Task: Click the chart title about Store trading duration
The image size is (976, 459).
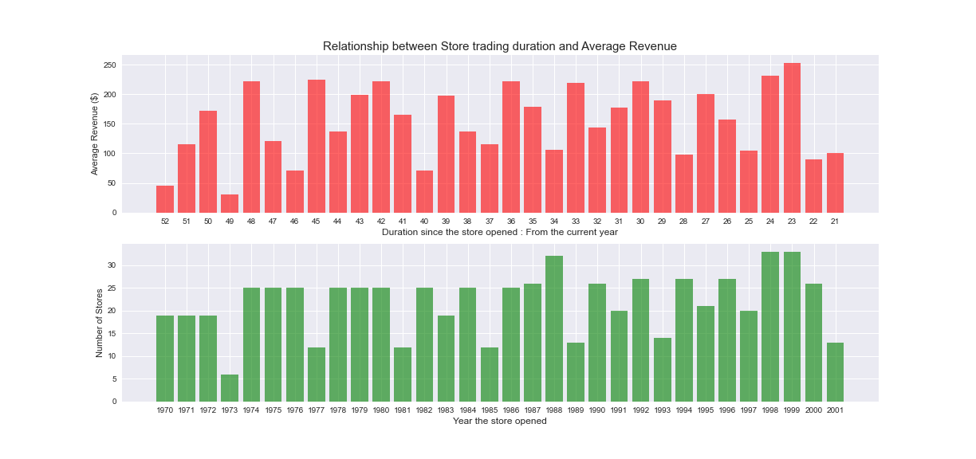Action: (x=499, y=46)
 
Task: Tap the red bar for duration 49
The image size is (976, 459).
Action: (x=230, y=203)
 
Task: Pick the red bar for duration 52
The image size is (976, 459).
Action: (x=165, y=199)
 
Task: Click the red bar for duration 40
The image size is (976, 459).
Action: (x=424, y=191)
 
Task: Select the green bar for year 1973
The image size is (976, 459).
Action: (x=230, y=388)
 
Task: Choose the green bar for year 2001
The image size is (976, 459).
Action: (x=835, y=372)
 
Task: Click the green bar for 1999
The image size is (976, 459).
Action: (x=792, y=327)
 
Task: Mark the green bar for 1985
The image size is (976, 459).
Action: (x=489, y=375)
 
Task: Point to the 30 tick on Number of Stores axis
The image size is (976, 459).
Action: (x=112, y=265)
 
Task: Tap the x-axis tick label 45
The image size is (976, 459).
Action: (x=316, y=221)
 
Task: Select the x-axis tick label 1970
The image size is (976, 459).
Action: (x=165, y=410)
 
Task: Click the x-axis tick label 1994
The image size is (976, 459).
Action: (x=683, y=410)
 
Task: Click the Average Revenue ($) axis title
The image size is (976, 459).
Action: (x=95, y=134)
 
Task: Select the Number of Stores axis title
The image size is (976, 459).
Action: (x=100, y=323)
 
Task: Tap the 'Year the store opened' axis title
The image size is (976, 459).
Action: (x=499, y=421)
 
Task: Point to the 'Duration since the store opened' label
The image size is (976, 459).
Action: (x=499, y=232)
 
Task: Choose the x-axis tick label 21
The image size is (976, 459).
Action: (x=835, y=221)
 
